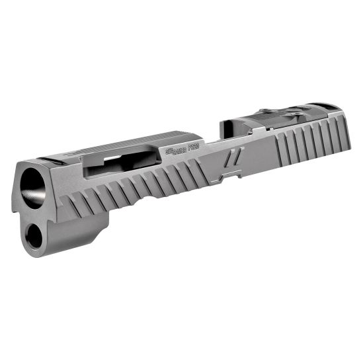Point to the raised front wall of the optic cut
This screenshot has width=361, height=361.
coord(228,126)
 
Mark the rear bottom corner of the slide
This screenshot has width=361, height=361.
coord(344,148)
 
